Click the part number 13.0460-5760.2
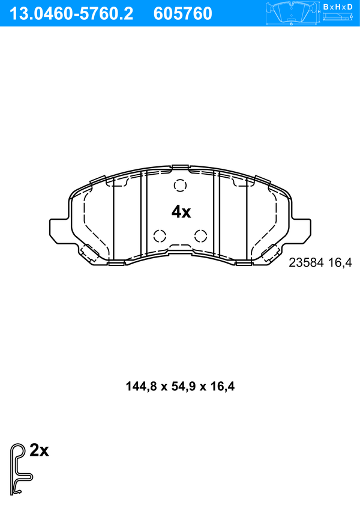point(71,14)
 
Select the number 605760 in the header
point(183,14)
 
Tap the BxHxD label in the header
point(338,7)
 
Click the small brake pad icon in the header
point(292,13)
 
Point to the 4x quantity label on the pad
point(181,212)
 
